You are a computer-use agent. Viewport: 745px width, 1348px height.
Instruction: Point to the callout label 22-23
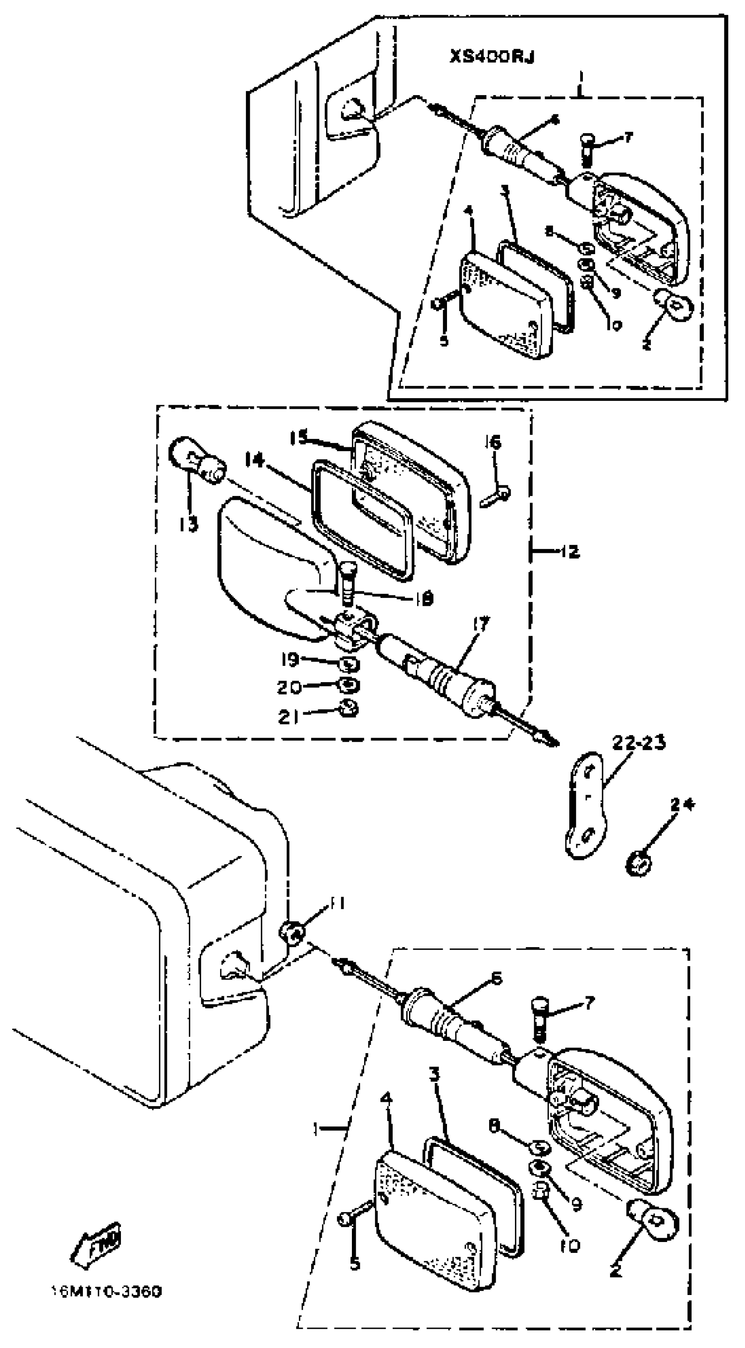(x=639, y=742)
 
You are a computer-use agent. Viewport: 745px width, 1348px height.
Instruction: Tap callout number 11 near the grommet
(x=337, y=904)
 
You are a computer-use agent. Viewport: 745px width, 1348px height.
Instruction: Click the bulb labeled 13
(x=196, y=461)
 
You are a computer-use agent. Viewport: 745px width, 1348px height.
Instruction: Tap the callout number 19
(x=289, y=659)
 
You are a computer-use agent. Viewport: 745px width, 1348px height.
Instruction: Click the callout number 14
(x=255, y=460)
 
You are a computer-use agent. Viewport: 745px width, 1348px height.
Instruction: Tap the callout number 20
(x=289, y=687)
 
